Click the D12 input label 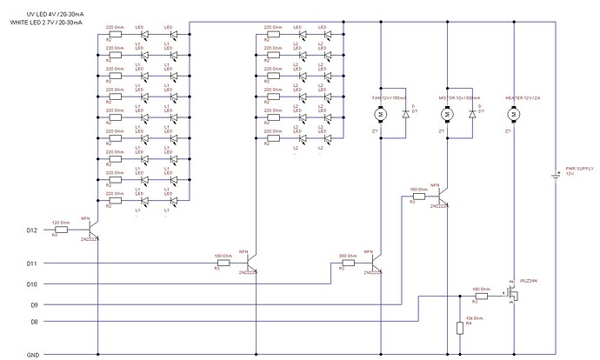31,230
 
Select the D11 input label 31,262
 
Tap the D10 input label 31,283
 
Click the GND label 31,355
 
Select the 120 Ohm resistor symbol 62,230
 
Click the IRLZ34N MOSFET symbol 513,296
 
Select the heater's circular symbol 515,115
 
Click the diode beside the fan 405,115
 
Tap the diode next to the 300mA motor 472,115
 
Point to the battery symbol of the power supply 555,173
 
